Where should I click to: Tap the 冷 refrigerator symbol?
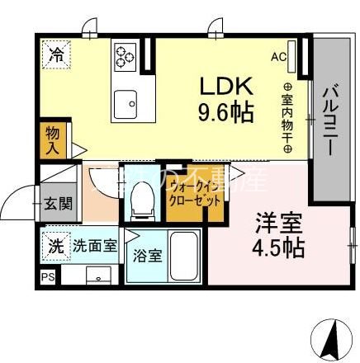(x=55, y=57)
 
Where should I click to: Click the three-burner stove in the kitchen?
(x=126, y=55)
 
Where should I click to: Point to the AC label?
(x=278, y=58)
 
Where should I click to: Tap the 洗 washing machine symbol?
(x=54, y=245)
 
